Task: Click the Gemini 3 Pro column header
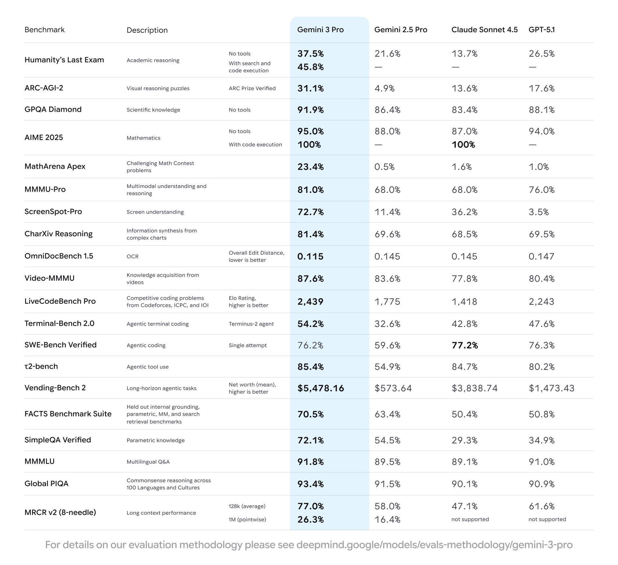(x=320, y=30)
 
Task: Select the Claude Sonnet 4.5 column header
(x=484, y=30)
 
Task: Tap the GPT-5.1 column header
(x=542, y=30)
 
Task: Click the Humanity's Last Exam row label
(x=64, y=60)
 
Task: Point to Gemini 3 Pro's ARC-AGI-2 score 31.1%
(x=310, y=88)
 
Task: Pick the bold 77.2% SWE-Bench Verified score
(x=464, y=345)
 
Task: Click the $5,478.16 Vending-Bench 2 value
(x=321, y=388)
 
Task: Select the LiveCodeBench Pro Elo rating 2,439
(x=310, y=301)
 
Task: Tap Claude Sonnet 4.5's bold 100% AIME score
(x=463, y=145)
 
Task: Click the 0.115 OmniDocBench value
(x=310, y=256)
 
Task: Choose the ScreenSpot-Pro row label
(x=53, y=212)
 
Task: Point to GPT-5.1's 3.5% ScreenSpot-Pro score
(x=538, y=212)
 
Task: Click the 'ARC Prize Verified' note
(x=252, y=88)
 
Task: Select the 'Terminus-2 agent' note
(x=251, y=324)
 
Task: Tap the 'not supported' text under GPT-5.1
(x=547, y=519)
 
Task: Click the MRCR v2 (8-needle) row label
(x=60, y=512)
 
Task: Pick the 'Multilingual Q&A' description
(x=148, y=462)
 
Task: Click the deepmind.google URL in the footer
(x=434, y=545)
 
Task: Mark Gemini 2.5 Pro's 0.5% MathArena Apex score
(x=384, y=167)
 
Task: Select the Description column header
(x=147, y=30)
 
